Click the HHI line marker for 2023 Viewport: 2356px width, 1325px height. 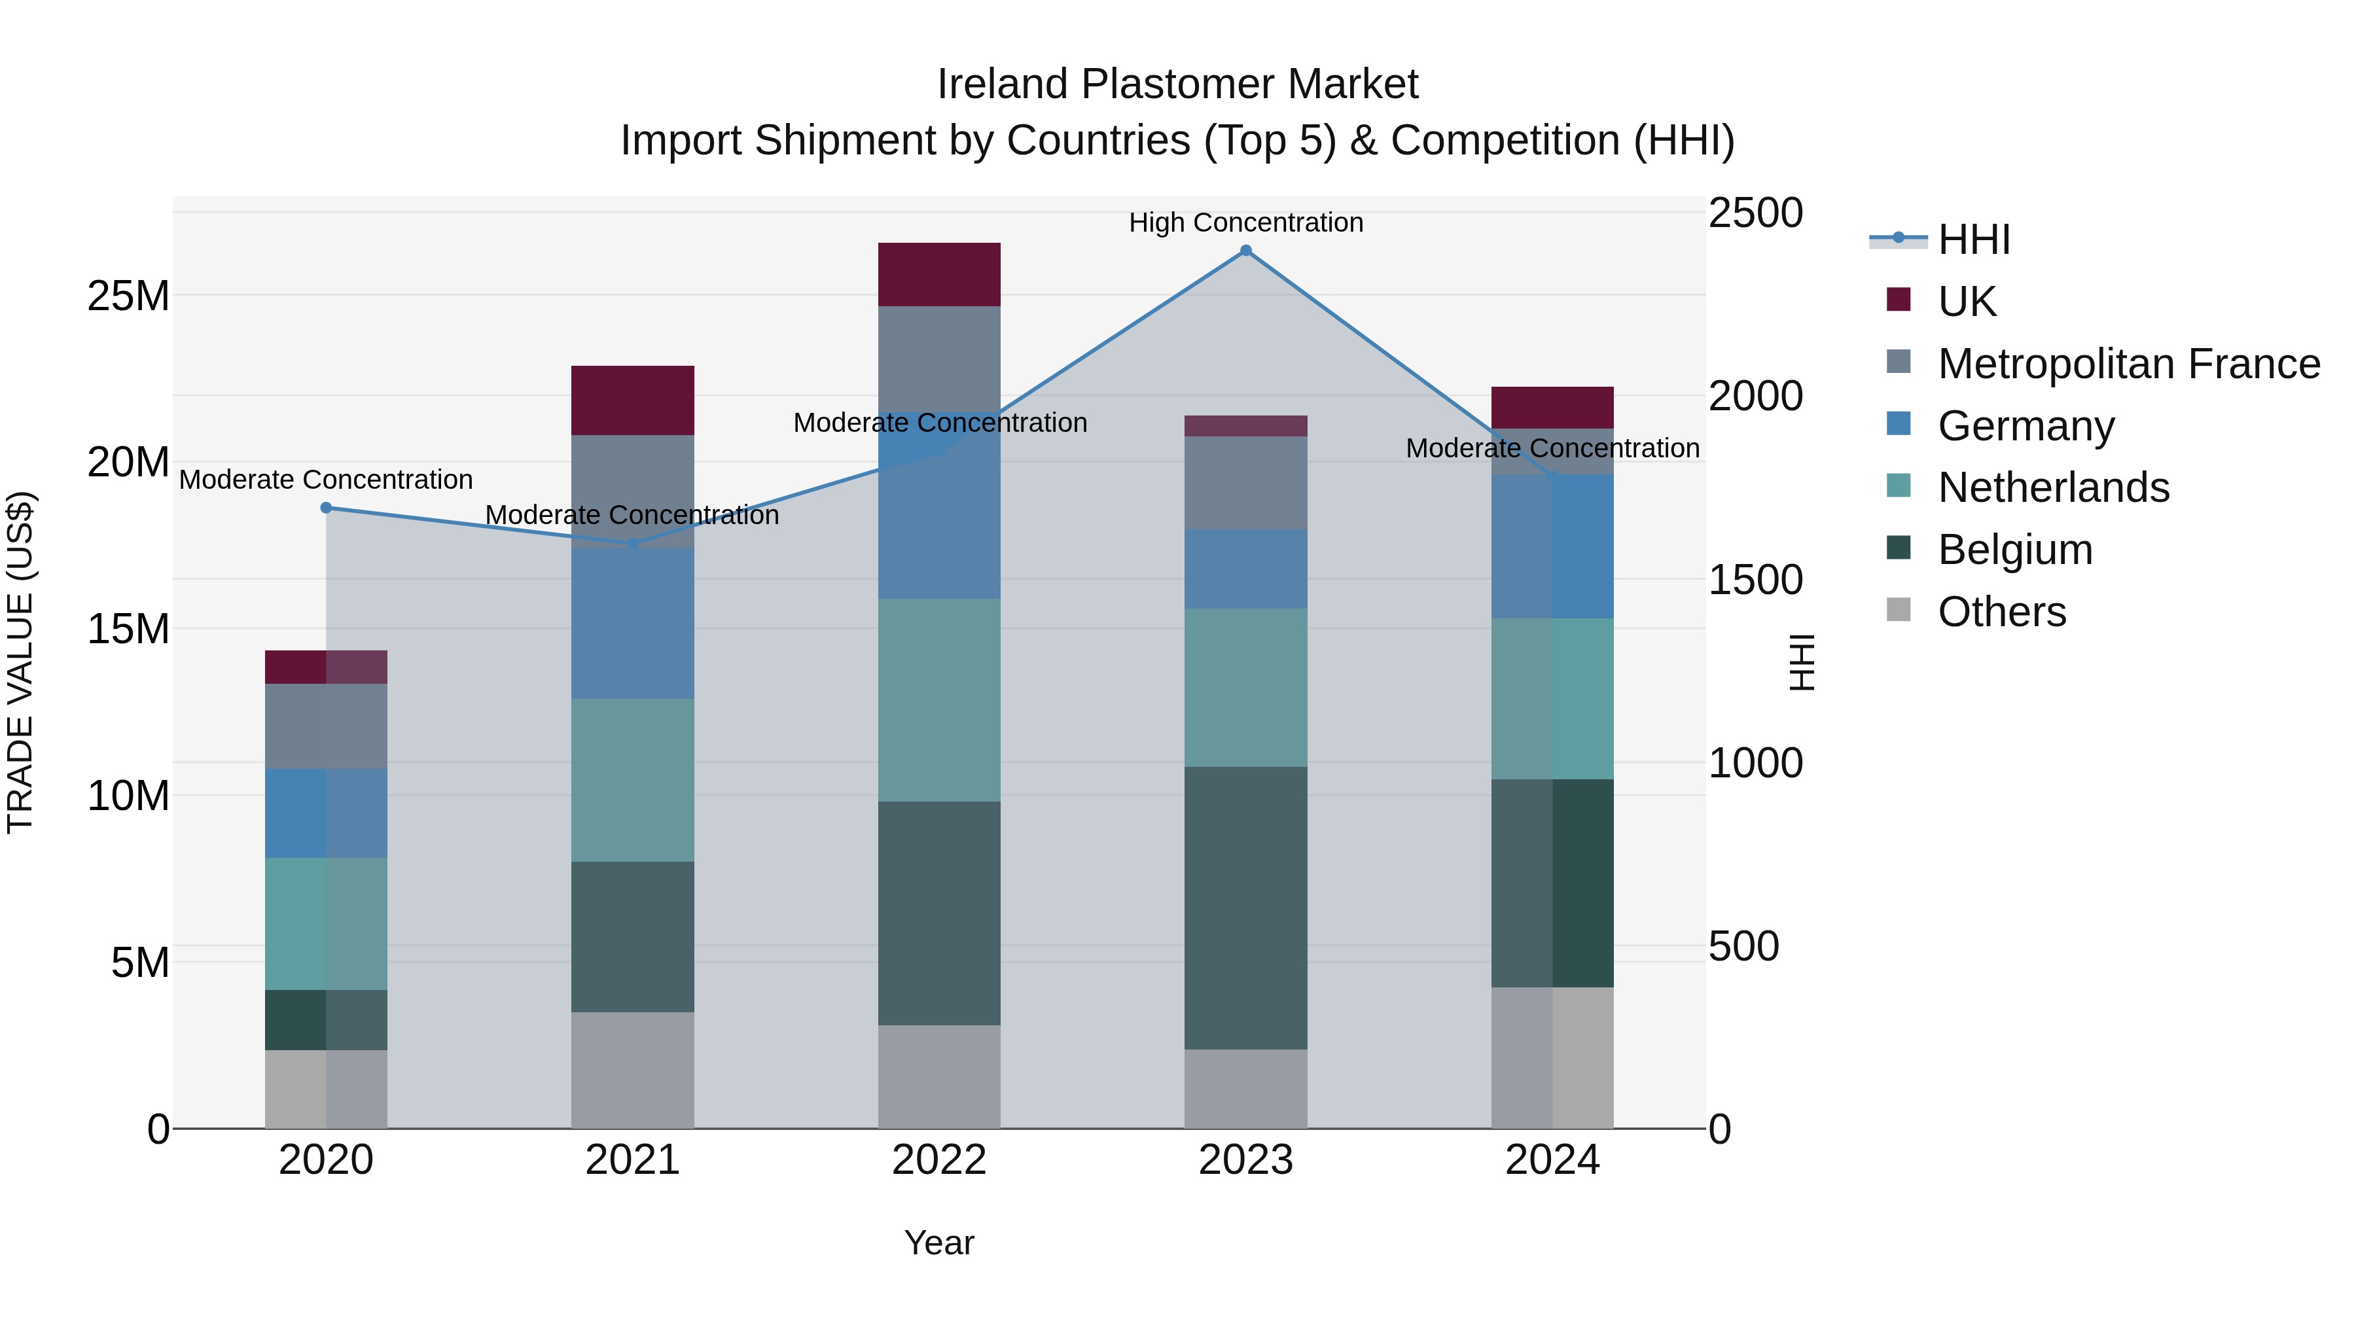point(1245,251)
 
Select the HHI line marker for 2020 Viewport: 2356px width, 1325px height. point(327,508)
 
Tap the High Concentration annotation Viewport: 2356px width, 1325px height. point(1245,222)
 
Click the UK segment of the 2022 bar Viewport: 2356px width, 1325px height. point(939,274)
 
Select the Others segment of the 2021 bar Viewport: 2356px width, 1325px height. point(633,1069)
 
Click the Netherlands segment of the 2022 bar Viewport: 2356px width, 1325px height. point(939,699)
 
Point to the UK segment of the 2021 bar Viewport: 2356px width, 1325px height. point(633,400)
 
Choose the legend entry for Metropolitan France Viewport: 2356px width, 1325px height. point(2128,364)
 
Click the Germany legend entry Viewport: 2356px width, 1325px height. point(2025,426)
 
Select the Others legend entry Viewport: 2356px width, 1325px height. point(2001,612)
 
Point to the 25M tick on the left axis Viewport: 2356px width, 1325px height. point(128,296)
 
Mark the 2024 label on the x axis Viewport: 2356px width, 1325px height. point(1552,1160)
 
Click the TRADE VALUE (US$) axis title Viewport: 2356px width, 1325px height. point(21,662)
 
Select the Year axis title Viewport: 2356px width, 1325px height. point(939,1243)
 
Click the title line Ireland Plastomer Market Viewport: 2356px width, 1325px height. point(1177,84)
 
